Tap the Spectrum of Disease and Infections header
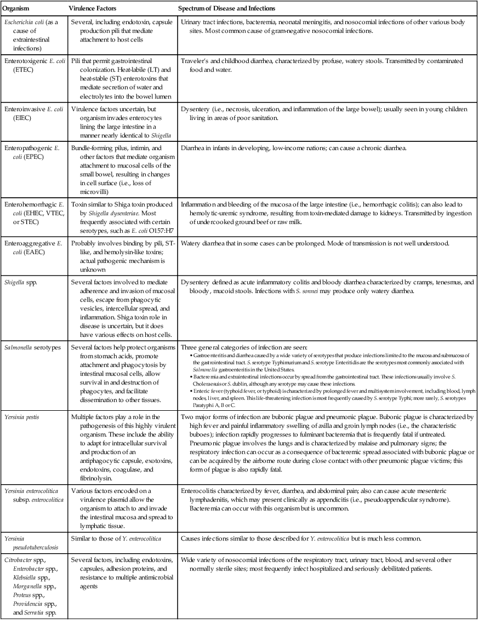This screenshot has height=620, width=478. point(226,9)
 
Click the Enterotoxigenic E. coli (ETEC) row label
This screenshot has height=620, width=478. point(32,66)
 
